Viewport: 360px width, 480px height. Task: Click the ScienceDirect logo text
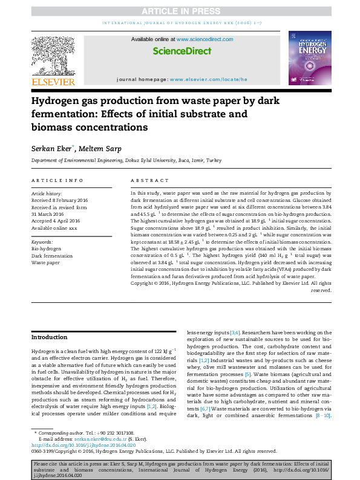coord(182,51)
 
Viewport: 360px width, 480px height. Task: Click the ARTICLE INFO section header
coord(57,180)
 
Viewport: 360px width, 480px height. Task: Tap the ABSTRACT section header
coord(150,180)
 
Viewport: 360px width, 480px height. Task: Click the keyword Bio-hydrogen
coord(46,248)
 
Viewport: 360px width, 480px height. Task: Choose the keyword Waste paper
coord(45,263)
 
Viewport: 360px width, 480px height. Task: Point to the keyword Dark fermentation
coord(52,256)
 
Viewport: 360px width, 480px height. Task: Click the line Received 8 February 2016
coord(59,200)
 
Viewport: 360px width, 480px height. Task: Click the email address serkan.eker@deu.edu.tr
coord(96,438)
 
